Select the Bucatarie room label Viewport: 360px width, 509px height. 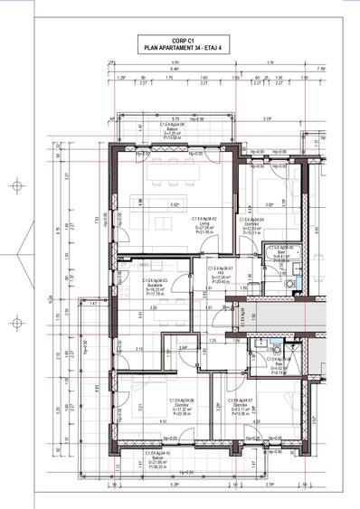coord(152,286)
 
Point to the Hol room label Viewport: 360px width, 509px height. coord(222,275)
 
